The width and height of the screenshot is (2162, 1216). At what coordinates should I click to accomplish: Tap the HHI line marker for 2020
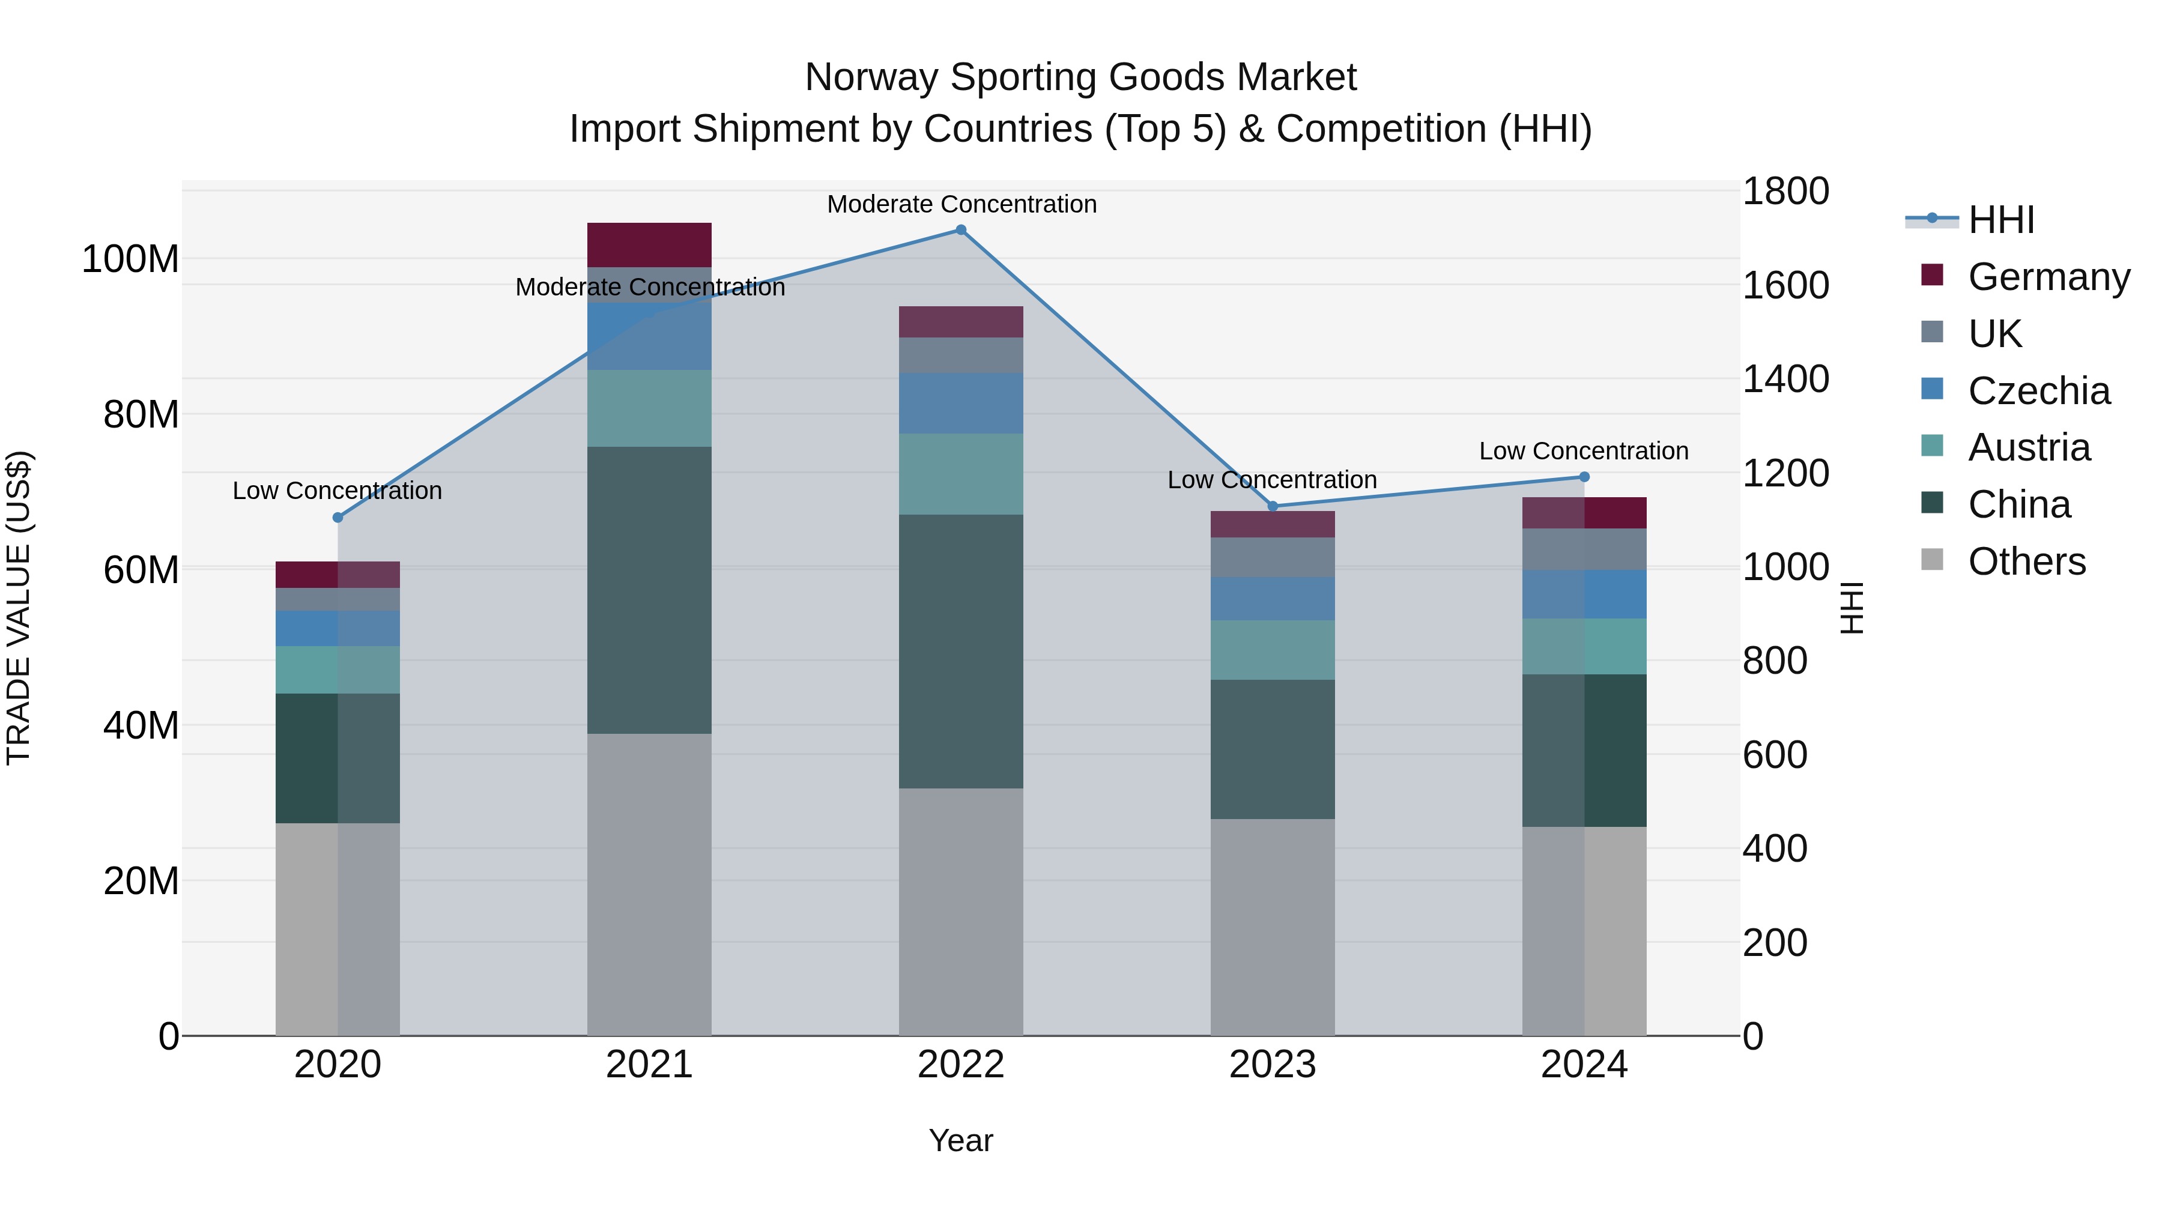pos(338,518)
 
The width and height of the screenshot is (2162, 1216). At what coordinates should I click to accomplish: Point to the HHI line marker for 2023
pos(1273,506)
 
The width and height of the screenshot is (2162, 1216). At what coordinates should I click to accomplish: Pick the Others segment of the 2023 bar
pos(1273,927)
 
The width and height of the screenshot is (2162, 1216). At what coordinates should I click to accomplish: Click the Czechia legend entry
pos(2037,391)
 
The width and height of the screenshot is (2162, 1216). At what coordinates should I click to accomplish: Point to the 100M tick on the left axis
pos(130,259)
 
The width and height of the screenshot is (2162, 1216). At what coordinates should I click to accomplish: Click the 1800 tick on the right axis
pos(1785,192)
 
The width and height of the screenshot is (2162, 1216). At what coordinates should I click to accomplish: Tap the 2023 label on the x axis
pos(1273,1065)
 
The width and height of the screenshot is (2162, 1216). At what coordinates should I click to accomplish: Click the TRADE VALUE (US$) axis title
pos(19,608)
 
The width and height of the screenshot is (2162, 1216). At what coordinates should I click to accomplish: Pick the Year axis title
pos(960,1140)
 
